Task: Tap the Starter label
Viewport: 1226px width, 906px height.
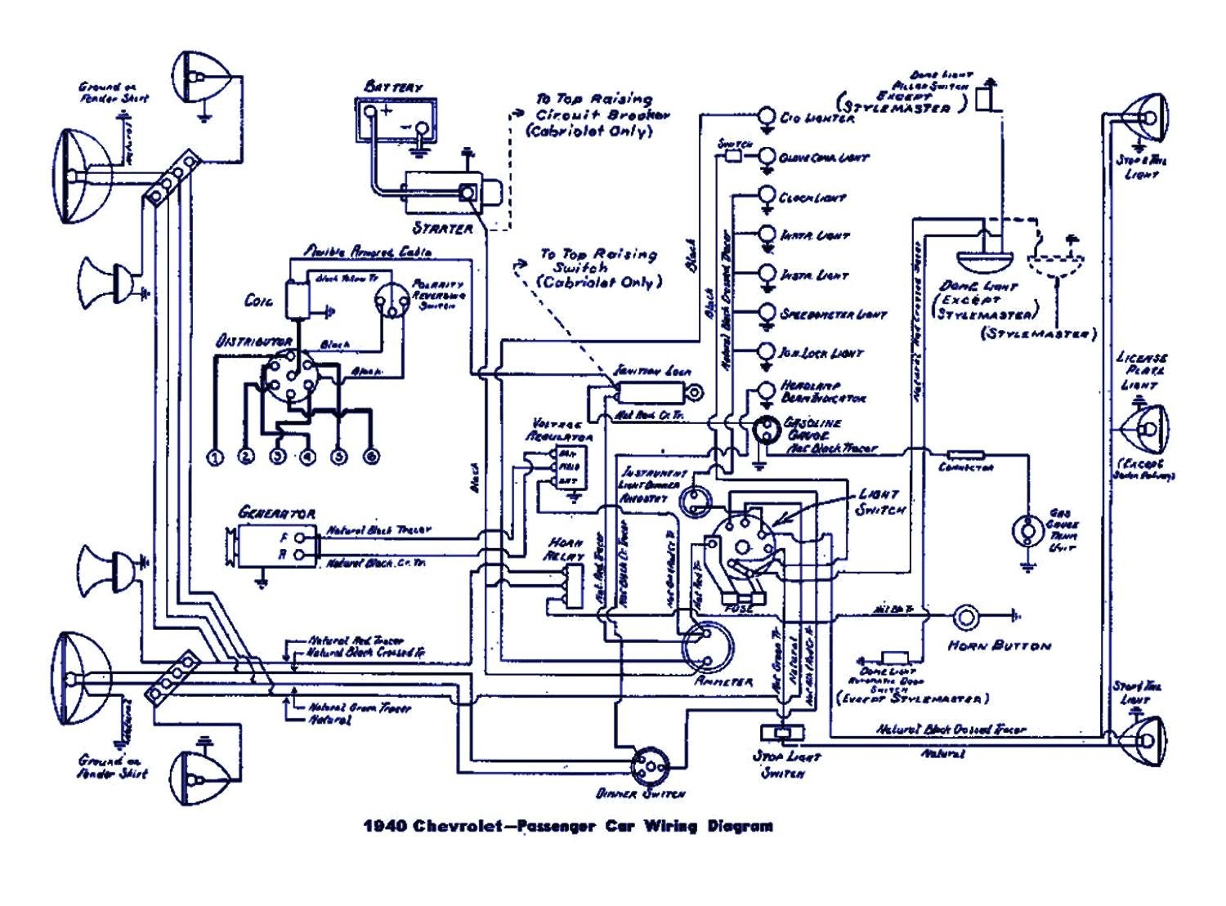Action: (442, 228)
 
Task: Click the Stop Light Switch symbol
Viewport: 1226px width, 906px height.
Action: (782, 732)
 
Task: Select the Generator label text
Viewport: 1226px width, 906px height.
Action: (275, 513)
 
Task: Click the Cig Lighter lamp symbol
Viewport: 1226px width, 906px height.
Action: (767, 116)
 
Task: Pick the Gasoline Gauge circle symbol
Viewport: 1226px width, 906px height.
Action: (767, 430)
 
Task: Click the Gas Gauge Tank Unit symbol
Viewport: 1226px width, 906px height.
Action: (1026, 531)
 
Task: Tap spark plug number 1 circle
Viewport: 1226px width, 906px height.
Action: (215, 457)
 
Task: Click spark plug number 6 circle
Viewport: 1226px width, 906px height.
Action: (370, 457)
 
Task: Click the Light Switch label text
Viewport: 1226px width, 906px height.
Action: (880, 502)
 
